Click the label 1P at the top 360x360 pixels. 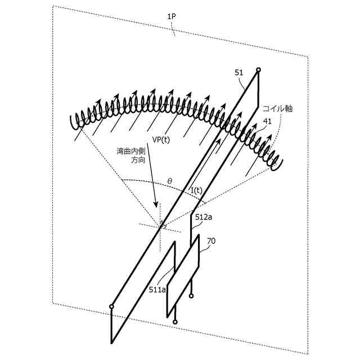click(x=171, y=17)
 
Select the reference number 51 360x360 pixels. click(x=238, y=73)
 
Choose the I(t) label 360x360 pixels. click(x=196, y=191)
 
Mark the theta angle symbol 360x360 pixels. click(x=170, y=181)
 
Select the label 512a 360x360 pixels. click(x=203, y=217)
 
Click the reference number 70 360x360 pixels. click(x=211, y=241)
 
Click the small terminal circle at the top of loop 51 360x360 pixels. click(x=258, y=70)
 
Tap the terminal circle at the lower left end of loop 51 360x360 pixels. click(x=111, y=307)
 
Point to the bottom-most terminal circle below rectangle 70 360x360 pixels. click(x=175, y=322)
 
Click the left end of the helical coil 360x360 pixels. click(x=71, y=120)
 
